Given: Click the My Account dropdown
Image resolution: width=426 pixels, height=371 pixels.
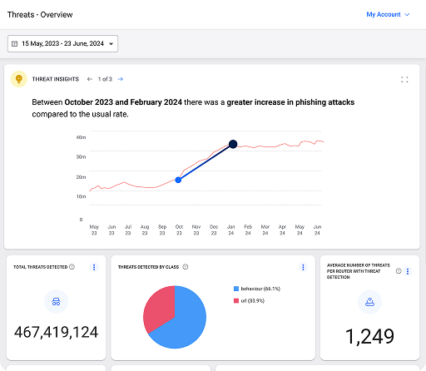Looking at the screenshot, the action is click(x=388, y=14).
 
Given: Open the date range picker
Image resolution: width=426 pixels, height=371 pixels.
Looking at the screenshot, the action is click(x=62, y=43).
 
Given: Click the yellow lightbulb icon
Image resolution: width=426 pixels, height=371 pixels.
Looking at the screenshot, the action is click(x=19, y=79).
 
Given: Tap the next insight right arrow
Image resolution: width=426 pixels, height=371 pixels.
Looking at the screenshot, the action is click(x=121, y=79).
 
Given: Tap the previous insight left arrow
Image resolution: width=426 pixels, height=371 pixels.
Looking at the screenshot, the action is click(x=90, y=79).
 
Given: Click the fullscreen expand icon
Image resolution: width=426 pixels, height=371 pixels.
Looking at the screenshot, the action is click(x=404, y=80).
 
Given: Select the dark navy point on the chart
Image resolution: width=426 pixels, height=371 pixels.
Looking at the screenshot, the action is click(x=233, y=144).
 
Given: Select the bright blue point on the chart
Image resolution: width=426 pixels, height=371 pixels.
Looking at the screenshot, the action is click(x=178, y=180).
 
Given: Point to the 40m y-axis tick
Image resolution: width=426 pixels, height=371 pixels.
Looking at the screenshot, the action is click(x=81, y=137).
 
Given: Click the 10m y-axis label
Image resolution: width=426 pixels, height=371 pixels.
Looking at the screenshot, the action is click(x=81, y=196).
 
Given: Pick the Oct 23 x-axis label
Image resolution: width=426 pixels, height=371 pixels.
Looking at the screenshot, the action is click(x=179, y=230).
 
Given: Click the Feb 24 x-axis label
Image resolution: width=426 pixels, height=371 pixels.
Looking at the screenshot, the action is click(x=248, y=230).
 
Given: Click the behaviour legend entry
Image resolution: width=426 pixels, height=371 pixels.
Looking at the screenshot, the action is click(x=257, y=289).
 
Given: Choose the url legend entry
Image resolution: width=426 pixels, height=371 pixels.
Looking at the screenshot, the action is click(x=249, y=301).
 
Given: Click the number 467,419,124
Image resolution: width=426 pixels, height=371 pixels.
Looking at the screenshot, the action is click(x=56, y=332).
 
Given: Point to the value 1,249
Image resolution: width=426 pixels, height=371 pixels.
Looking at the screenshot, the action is click(x=369, y=336).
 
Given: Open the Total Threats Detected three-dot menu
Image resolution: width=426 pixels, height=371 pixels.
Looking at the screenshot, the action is click(x=94, y=267).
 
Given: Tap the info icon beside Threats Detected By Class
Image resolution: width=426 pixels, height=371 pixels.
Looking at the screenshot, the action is click(x=186, y=267).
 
